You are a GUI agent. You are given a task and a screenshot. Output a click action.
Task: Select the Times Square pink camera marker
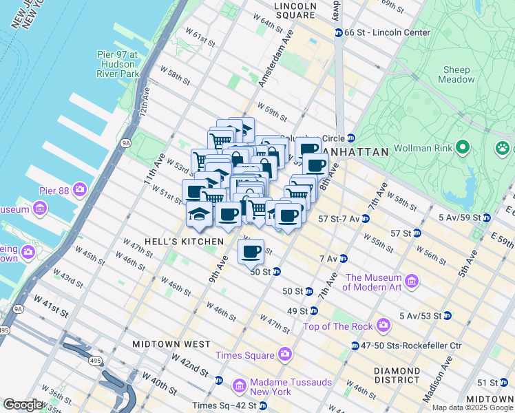click(x=285, y=355)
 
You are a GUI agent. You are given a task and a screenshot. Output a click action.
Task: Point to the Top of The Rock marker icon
click(x=384, y=326)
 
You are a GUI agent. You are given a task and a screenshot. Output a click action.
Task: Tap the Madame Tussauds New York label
click(x=282, y=387)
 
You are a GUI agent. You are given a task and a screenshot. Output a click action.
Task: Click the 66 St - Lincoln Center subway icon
click(x=338, y=32)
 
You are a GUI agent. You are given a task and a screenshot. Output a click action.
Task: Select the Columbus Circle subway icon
click(x=350, y=138)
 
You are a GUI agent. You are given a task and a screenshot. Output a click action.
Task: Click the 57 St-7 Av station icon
click(x=366, y=219)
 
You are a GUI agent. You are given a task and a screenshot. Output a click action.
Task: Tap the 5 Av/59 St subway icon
click(x=486, y=218)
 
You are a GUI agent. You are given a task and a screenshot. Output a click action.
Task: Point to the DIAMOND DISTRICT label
click(x=397, y=375)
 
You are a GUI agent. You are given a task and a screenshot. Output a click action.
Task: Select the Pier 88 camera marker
click(x=81, y=189)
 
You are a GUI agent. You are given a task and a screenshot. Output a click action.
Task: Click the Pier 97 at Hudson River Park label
click(x=114, y=63)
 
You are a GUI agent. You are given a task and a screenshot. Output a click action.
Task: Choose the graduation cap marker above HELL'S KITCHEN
click(x=199, y=214)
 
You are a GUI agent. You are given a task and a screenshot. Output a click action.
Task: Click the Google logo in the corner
click(x=23, y=405)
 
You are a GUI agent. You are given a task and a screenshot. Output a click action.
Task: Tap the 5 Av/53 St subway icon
click(x=447, y=316)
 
